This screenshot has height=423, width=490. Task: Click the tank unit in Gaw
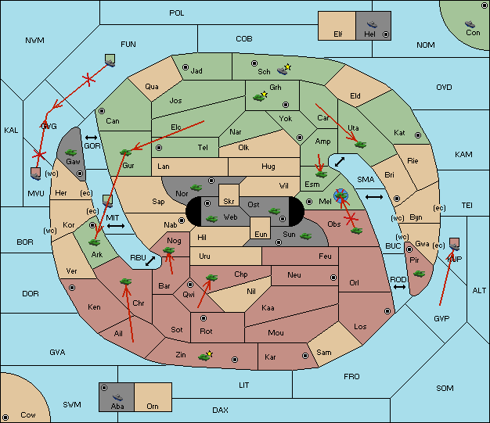tap(71, 152)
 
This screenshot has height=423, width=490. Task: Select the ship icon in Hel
tap(372, 24)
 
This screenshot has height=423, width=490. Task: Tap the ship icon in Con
tap(470, 24)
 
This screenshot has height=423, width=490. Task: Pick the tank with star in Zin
tap(205, 357)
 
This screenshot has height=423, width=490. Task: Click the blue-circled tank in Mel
tap(340, 195)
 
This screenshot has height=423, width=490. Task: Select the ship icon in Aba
tap(117, 396)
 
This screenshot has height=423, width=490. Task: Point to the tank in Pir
tap(419, 274)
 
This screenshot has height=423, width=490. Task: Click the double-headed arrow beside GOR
tap(92, 138)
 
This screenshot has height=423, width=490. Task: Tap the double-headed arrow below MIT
tap(116, 225)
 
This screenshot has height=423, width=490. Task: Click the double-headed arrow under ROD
tap(399, 287)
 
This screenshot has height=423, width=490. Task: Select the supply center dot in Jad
tap(186, 67)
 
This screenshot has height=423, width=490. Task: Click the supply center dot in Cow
tap(5, 417)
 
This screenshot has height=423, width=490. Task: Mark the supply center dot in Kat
tap(418, 135)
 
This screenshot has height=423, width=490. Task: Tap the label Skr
tap(229, 202)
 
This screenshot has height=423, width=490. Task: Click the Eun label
tap(261, 234)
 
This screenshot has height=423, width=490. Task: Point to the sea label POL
tap(177, 13)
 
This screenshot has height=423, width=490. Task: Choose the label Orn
tap(153, 406)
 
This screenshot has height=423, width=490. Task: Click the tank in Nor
tap(196, 188)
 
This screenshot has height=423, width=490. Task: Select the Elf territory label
tap(338, 34)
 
